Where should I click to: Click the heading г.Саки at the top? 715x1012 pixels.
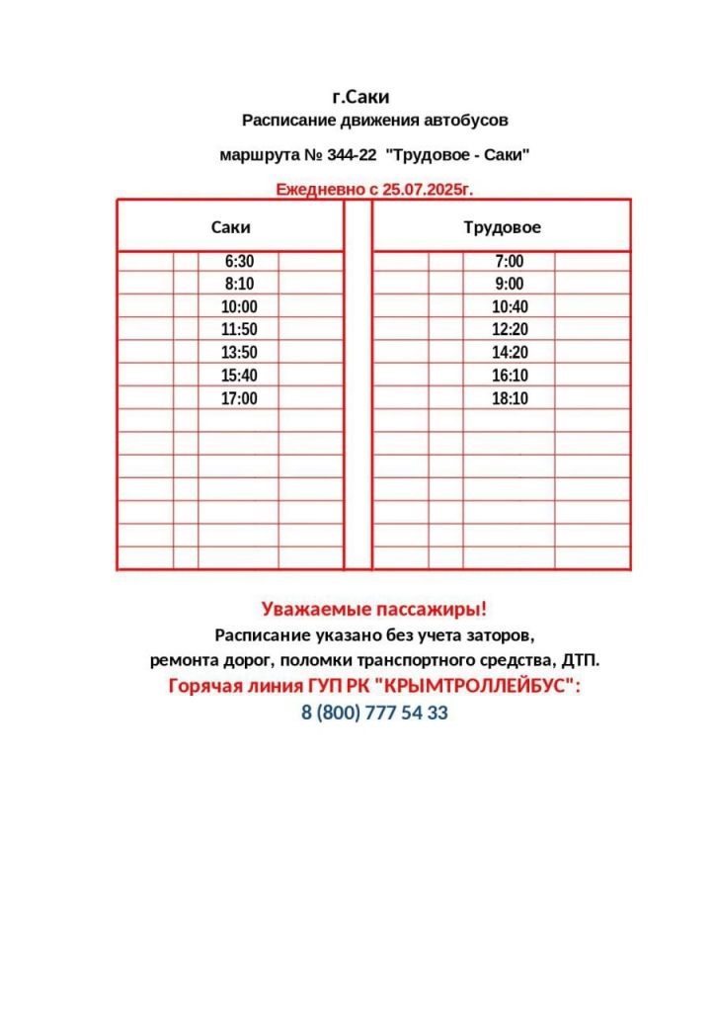click(361, 97)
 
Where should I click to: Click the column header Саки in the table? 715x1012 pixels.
click(231, 227)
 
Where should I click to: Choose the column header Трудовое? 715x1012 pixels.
click(502, 227)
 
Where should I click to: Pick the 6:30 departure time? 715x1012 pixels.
click(239, 262)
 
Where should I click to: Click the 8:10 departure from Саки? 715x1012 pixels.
click(239, 285)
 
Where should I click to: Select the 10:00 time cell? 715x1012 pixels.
click(239, 307)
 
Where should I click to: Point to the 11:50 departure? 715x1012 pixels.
click(239, 330)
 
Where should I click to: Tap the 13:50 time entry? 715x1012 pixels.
click(239, 353)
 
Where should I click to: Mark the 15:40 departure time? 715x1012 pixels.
click(239, 376)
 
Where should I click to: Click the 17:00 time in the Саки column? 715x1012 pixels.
click(239, 398)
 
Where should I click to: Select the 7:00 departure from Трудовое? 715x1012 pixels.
click(510, 262)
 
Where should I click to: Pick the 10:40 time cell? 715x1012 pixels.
click(510, 307)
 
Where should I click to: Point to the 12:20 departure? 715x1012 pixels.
click(510, 330)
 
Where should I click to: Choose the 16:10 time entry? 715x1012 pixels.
click(510, 376)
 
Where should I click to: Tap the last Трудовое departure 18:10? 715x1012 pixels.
click(510, 398)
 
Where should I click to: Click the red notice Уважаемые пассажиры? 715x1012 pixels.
click(374, 609)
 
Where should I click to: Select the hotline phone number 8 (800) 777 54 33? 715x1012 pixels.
click(374, 713)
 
